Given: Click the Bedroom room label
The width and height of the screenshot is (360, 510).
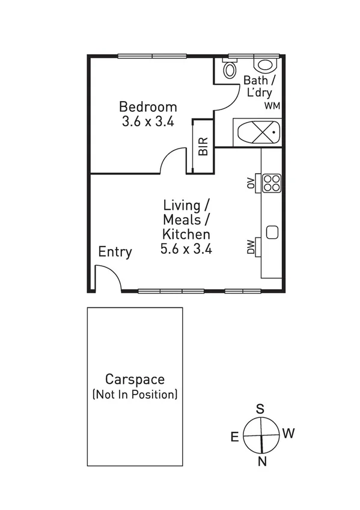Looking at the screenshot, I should tap(148, 106).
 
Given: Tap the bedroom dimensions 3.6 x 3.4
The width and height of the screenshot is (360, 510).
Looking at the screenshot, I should tap(148, 121).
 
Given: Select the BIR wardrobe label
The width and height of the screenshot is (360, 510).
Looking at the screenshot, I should tap(203, 146).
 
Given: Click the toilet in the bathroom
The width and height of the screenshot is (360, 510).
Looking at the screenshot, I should tap(229, 69).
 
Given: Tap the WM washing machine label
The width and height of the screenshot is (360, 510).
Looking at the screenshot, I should tap(272, 106).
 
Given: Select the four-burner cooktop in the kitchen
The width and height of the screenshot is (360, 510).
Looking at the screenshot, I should tap(271, 182).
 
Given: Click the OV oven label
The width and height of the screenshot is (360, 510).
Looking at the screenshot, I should tap(251, 183).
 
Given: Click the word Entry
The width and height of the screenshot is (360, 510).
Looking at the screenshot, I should tap(115, 251).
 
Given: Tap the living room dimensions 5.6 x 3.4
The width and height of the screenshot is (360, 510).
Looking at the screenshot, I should tap(186, 248).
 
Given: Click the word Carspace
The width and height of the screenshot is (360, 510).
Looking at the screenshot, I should tap(135, 379).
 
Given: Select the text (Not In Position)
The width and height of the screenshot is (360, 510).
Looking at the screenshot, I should tap(135, 395).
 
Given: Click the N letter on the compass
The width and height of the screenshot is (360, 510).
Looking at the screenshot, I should tap(261, 461).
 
